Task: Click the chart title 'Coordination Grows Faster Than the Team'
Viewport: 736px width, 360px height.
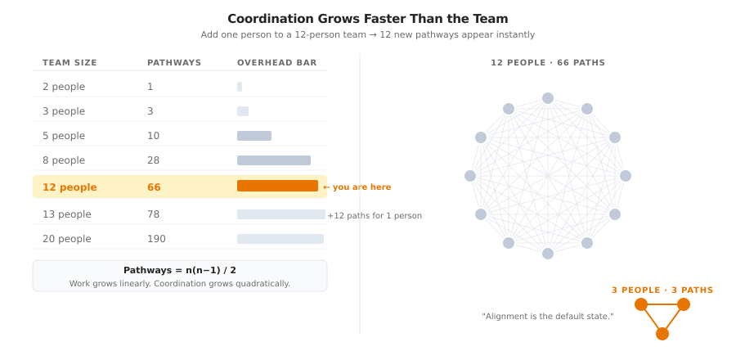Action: pyautogui.click(x=367, y=19)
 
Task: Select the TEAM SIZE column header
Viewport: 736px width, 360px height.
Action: pyautogui.click(x=70, y=63)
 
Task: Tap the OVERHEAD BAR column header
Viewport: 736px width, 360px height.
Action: pyautogui.click(x=276, y=63)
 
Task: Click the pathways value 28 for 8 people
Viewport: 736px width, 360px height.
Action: pyautogui.click(x=154, y=160)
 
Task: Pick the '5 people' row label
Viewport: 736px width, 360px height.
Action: pyautogui.click(x=64, y=136)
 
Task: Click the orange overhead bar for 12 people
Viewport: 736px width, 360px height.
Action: pyautogui.click(x=277, y=186)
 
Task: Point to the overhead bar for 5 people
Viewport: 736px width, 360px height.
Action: pyautogui.click(x=254, y=136)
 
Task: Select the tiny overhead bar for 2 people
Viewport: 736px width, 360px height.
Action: pyautogui.click(x=240, y=87)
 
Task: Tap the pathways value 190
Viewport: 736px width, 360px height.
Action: pyautogui.click(x=156, y=239)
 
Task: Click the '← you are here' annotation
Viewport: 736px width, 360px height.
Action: pyautogui.click(x=357, y=187)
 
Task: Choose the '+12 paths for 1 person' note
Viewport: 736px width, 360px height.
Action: pyautogui.click(x=375, y=216)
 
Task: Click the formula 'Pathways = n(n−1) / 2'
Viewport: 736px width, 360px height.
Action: pyautogui.click(x=180, y=270)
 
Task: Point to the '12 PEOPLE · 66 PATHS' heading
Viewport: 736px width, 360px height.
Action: pyautogui.click(x=548, y=63)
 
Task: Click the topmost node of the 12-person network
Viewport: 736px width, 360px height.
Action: pyautogui.click(x=548, y=98)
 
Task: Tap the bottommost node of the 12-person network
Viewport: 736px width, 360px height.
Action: pyautogui.click(x=548, y=254)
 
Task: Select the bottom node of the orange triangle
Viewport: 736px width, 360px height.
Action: pyautogui.click(x=662, y=334)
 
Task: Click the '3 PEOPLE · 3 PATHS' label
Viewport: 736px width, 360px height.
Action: pyautogui.click(x=662, y=290)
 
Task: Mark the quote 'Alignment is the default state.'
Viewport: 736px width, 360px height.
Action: pyautogui.click(x=548, y=317)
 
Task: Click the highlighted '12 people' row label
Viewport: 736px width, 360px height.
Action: pyautogui.click(x=70, y=187)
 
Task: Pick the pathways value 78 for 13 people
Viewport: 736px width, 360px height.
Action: pyautogui.click(x=154, y=214)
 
